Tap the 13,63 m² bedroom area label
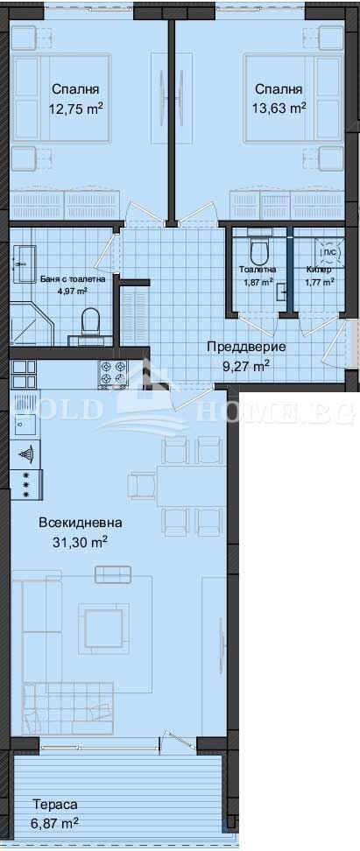click(x=279, y=108)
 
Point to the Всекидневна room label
click(x=81, y=523)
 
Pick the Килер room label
click(x=316, y=269)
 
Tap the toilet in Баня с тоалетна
click(x=90, y=322)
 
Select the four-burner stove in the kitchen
click(x=112, y=374)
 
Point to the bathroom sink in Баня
click(x=24, y=264)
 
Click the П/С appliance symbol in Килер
click(x=330, y=252)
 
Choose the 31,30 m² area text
click(x=81, y=542)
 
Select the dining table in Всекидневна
click(x=190, y=486)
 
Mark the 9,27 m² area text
click(x=245, y=366)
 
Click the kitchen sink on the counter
click(x=24, y=420)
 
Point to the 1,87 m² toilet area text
click(x=258, y=281)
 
